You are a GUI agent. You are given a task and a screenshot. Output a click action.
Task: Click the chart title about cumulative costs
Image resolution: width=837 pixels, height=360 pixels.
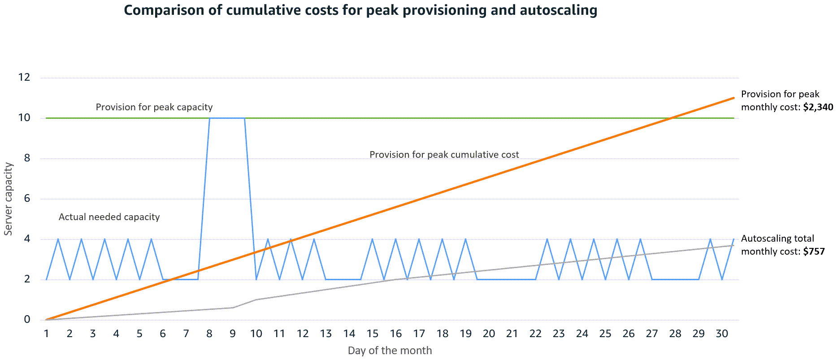pos(360,10)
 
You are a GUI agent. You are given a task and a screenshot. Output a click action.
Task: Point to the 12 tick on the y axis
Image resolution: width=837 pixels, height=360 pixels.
pos(24,78)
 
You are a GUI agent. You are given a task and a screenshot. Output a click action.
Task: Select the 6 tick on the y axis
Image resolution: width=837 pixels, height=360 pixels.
pos(27,199)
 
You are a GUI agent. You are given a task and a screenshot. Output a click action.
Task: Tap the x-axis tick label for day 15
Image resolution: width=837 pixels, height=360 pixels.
pos(372,334)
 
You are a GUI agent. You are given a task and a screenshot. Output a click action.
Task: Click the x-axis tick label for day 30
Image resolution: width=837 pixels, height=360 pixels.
pos(722,334)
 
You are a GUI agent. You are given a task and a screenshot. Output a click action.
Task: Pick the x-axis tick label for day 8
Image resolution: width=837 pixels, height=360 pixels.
pos(209,334)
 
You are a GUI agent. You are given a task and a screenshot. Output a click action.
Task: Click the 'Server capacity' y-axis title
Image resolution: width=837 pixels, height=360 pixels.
pos(8,199)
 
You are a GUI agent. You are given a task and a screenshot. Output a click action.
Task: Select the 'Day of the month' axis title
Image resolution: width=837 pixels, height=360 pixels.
pos(390,351)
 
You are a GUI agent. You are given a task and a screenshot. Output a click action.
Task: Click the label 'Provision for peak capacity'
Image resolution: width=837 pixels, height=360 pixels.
pos(154,107)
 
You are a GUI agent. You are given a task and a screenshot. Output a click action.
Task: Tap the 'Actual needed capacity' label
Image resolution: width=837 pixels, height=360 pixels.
pos(109,217)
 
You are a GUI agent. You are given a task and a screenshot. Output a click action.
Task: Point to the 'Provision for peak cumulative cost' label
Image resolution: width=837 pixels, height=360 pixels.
pos(444,155)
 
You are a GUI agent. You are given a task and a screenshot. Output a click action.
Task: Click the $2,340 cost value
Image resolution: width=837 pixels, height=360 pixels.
pos(818,107)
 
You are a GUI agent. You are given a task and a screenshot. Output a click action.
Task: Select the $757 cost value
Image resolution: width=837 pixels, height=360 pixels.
pos(814,252)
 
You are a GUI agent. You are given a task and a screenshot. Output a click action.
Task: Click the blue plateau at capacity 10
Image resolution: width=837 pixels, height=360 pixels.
pos(227,118)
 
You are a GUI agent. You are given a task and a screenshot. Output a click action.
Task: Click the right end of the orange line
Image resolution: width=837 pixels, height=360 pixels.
pos(733,98)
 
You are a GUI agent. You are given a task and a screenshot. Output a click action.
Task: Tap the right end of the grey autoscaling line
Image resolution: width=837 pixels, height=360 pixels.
pos(733,245)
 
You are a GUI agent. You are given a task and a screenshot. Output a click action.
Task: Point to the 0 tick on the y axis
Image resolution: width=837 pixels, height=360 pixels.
pos(27,320)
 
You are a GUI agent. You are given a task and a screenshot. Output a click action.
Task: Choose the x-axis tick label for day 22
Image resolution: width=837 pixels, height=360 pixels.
pos(535,334)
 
